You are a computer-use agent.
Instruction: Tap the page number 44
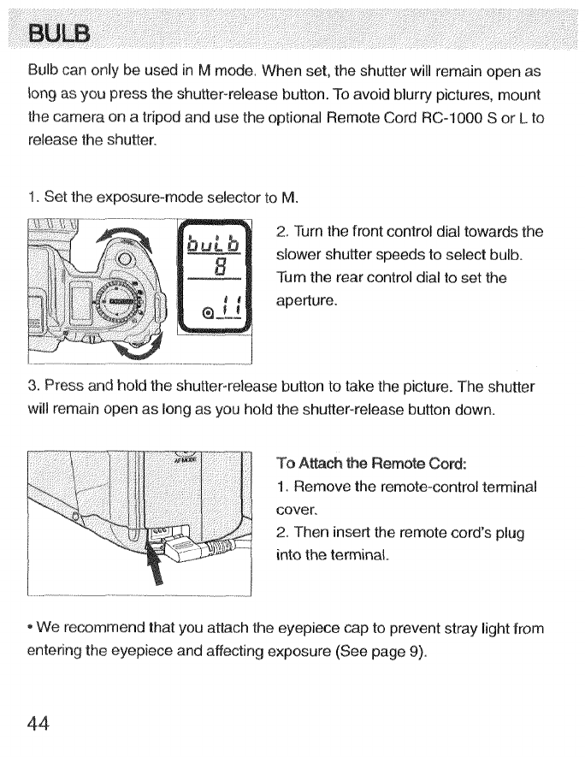point(38,723)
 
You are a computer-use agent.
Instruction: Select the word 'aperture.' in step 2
point(304,302)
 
